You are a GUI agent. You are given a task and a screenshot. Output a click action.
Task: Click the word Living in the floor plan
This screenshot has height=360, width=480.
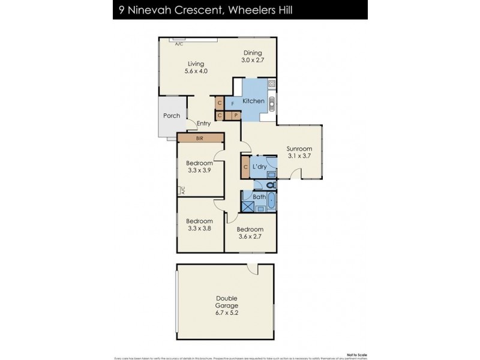point(196,64)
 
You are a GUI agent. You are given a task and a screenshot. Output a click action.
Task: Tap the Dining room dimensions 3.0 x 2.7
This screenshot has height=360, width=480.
point(253,61)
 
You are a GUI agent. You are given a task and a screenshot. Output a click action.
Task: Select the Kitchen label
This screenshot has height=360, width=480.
point(253,101)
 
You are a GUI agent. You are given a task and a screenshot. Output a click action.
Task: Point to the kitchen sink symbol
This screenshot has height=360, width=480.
point(271,103)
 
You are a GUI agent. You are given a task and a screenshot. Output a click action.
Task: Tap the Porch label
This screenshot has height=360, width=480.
point(172,116)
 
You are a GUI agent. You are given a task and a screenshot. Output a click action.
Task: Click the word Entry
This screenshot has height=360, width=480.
point(203,124)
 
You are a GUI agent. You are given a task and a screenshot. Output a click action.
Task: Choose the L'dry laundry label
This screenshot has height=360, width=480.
point(259,166)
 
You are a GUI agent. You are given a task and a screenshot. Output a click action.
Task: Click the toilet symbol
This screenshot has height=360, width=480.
point(270,185)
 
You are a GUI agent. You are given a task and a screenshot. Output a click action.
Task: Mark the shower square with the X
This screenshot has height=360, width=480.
point(248,206)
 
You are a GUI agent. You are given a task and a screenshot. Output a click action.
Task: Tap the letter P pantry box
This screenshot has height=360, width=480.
point(236,115)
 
